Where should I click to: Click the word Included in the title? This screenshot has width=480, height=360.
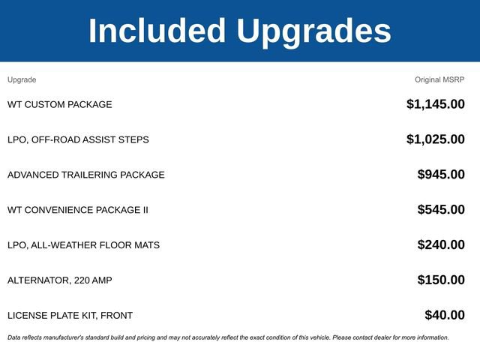(x=157, y=31)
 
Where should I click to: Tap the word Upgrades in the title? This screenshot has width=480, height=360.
(x=313, y=31)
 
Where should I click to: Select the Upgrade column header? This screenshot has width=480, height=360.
(x=22, y=79)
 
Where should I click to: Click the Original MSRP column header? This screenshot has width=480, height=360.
(x=439, y=79)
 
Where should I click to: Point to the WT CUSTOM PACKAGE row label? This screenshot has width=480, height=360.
(x=60, y=104)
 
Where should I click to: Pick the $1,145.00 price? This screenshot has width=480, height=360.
(x=436, y=104)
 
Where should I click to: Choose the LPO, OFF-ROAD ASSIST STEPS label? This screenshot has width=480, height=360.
(x=78, y=139)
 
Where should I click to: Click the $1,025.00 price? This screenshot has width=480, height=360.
(x=436, y=139)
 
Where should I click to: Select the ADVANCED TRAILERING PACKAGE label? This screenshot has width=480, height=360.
(x=86, y=175)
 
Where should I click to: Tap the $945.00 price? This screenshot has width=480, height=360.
(x=441, y=175)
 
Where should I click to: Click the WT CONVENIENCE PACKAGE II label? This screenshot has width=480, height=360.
(x=78, y=210)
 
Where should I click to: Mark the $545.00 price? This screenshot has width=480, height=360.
(x=441, y=210)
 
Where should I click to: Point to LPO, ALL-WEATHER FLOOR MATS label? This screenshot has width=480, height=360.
(x=83, y=245)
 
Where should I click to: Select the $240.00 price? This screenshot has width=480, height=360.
(x=441, y=245)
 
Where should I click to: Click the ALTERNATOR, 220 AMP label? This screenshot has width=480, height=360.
(x=60, y=280)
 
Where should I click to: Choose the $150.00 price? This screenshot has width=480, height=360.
(x=441, y=280)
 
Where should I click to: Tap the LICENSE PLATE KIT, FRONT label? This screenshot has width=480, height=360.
(x=70, y=316)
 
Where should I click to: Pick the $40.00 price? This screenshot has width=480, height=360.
(x=445, y=316)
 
